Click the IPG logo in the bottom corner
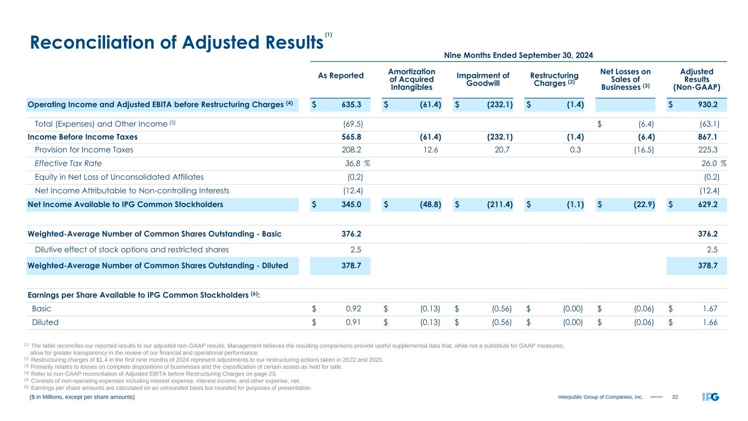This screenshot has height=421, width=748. (x=710, y=396)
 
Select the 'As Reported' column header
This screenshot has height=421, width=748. (x=340, y=75)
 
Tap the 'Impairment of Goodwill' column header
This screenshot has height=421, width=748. (x=484, y=79)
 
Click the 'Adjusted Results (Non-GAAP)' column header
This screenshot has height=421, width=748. (x=696, y=79)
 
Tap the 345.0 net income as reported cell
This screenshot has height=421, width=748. (x=352, y=204)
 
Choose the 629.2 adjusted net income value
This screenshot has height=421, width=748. (x=708, y=204)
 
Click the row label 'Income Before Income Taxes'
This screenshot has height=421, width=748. (x=83, y=136)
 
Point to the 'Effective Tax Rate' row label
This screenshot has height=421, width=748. (x=68, y=163)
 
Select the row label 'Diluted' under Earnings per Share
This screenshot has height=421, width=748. (x=47, y=322)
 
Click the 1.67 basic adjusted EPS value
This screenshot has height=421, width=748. (x=710, y=309)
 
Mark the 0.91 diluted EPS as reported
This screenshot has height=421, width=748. (x=353, y=322)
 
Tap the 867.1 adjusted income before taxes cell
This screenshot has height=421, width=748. (x=709, y=136)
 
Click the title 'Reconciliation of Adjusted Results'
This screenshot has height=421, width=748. (x=175, y=42)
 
